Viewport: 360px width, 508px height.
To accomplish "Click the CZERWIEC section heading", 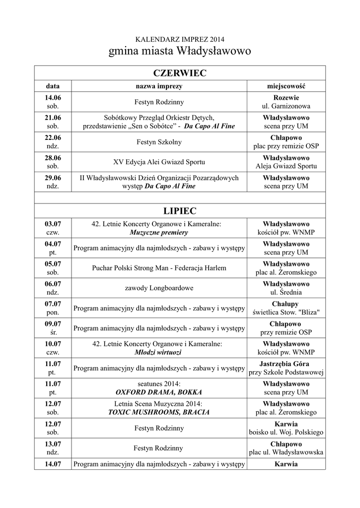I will (179, 73).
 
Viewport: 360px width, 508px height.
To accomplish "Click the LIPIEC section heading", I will (179, 211).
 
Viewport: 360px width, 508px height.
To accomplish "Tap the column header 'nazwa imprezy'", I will (159, 86).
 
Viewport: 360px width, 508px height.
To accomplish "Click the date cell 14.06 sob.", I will (53, 102).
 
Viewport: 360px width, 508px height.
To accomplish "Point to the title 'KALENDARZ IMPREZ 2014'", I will (180, 39).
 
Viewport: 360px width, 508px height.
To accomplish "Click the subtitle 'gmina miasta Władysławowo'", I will (180, 51).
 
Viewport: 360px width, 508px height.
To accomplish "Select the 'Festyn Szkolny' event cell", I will (159, 142).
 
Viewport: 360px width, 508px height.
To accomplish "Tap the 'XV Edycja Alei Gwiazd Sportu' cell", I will (159, 162).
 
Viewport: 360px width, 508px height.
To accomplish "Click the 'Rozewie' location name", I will (286, 98).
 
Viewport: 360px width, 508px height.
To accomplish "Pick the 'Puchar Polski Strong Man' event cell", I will (159, 268).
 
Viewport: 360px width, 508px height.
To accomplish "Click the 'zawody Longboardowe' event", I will (159, 288).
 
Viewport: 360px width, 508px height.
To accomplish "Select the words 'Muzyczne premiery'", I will (159, 232).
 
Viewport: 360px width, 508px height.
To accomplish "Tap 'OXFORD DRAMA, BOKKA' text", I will (159, 392).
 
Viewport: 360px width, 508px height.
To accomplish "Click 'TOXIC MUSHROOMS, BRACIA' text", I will (159, 412).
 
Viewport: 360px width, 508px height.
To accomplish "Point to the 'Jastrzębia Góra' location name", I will (286, 364).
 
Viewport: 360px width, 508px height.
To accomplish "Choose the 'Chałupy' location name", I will (286, 304).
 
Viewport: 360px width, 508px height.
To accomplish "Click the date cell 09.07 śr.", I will (53, 327).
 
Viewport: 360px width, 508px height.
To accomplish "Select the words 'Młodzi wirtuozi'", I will (159, 352).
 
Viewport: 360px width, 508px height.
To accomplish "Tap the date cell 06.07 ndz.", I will (53, 288).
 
